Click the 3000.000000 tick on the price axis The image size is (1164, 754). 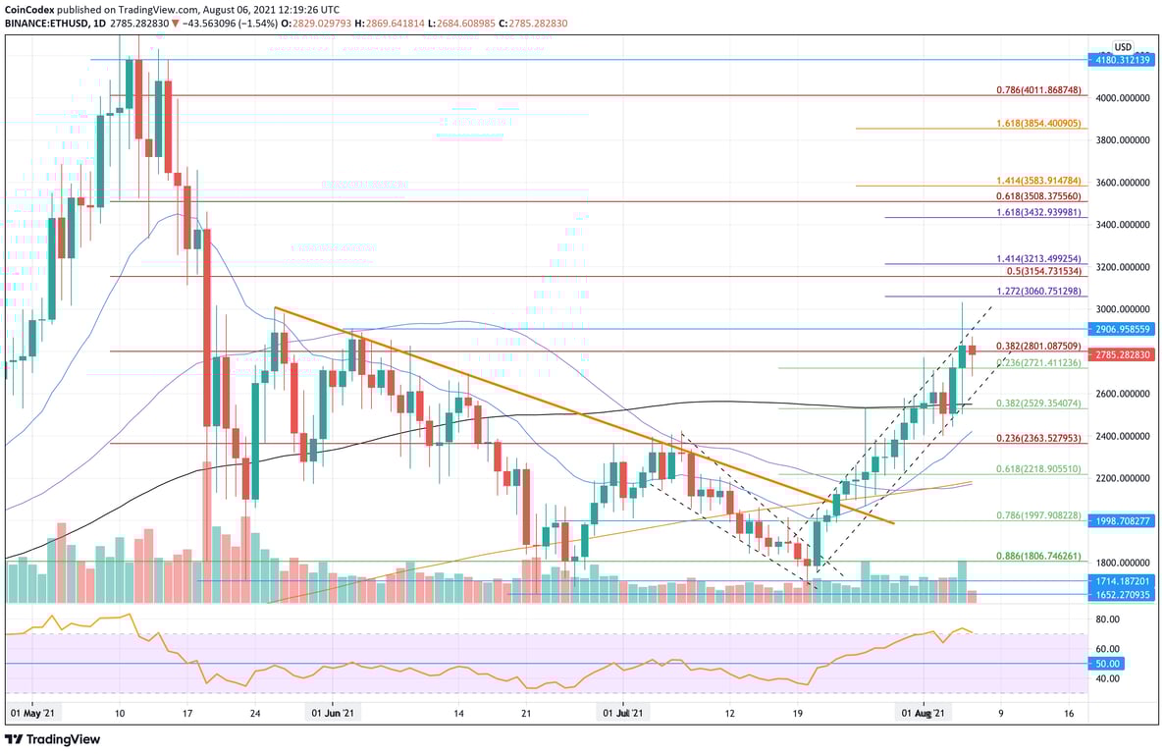(x=1122, y=308)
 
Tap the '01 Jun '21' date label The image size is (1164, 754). (x=333, y=714)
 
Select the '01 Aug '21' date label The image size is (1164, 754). (x=925, y=714)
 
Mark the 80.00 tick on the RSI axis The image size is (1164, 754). (x=1107, y=619)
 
